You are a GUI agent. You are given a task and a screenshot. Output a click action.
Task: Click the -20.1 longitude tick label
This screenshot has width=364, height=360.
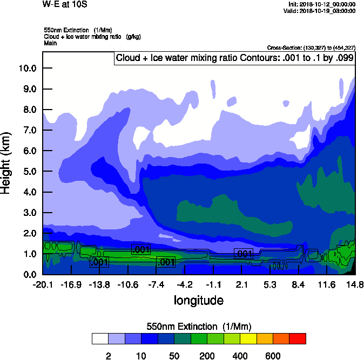click(42, 285)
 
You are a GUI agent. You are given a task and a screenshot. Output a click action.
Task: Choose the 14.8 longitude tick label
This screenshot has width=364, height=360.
click(355, 285)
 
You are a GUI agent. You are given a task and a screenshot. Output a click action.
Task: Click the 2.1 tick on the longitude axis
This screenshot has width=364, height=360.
click(241, 285)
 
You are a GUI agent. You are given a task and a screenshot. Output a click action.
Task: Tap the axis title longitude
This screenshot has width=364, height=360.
click(198, 300)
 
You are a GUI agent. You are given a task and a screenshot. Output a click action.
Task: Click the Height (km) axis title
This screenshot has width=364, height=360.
click(7, 162)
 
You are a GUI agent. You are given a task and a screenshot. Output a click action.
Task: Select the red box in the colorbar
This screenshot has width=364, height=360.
click(298, 338)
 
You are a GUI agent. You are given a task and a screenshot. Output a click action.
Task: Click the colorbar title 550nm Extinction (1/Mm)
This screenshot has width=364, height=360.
click(199, 327)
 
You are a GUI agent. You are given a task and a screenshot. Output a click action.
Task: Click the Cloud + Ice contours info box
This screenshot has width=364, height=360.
click(235, 58)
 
